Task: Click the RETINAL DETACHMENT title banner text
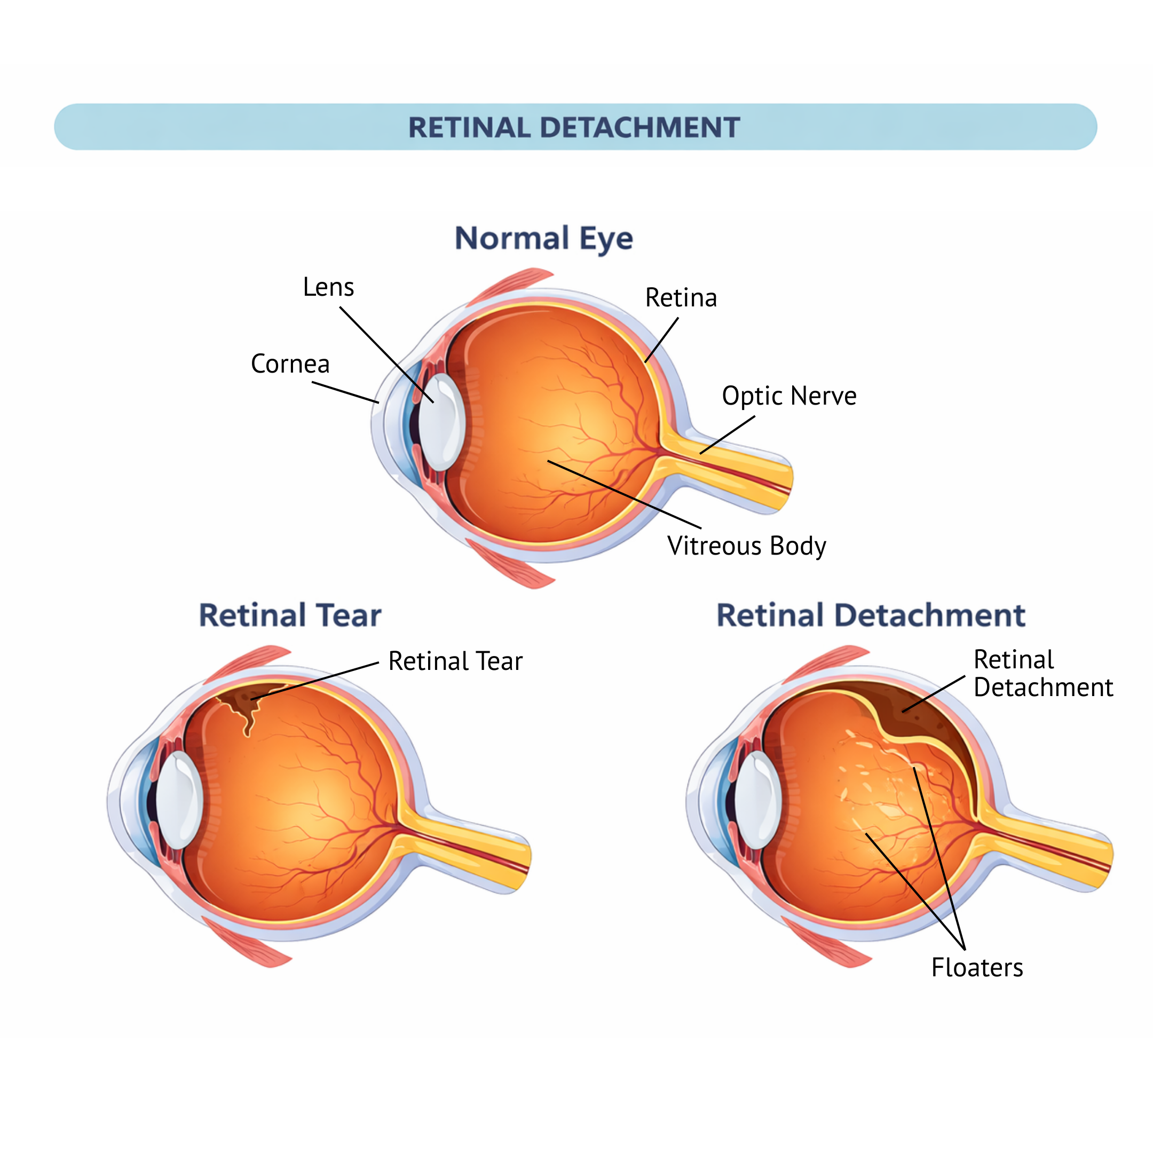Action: (574, 128)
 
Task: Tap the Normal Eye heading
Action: (544, 239)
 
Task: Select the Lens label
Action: (328, 287)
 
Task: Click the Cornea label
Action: (290, 364)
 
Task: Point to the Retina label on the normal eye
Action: (681, 298)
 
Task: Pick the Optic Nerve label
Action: (789, 396)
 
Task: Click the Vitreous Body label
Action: (747, 546)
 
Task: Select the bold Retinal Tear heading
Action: (290, 616)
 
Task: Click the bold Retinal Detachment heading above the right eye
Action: (871, 616)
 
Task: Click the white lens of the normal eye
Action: (441, 423)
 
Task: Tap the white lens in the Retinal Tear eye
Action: (179, 800)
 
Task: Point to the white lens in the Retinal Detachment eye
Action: (757, 800)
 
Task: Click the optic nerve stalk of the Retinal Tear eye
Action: (471, 848)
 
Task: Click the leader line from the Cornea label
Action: (345, 392)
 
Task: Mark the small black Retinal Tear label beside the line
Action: (455, 662)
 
